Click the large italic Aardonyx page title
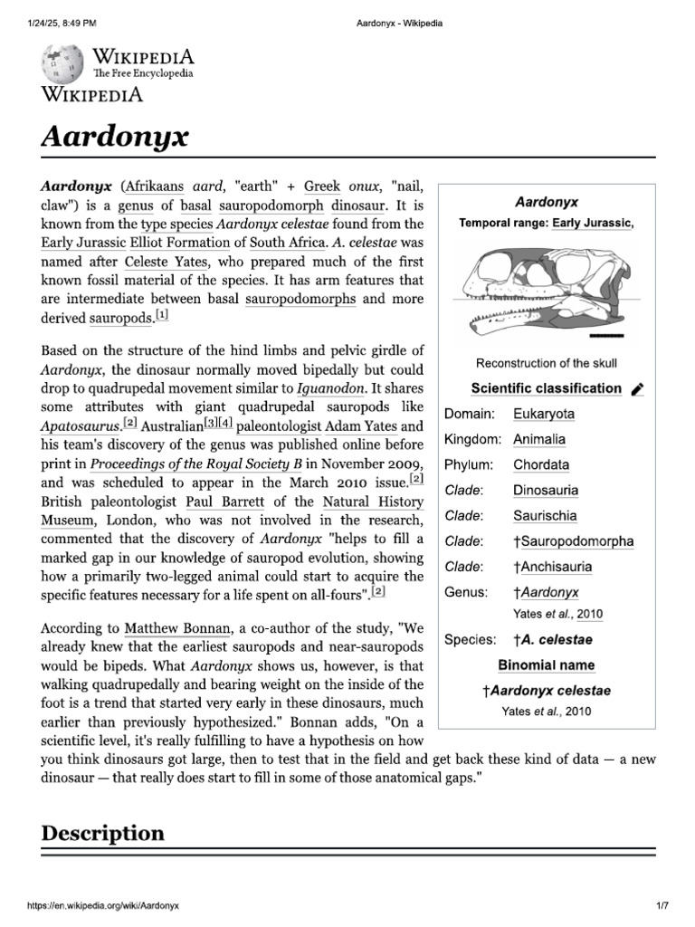pos(115,137)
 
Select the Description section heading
pos(103,833)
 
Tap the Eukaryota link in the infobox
pos(543,414)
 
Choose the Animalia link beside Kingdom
pos(538,439)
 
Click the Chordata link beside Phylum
pos(541,464)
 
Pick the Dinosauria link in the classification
pos(545,491)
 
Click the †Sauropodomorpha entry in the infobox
pos(573,541)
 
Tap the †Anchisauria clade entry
pos(552,567)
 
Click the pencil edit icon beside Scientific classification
pos(637,389)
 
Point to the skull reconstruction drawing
pos(545,291)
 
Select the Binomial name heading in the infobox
pos(546,665)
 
